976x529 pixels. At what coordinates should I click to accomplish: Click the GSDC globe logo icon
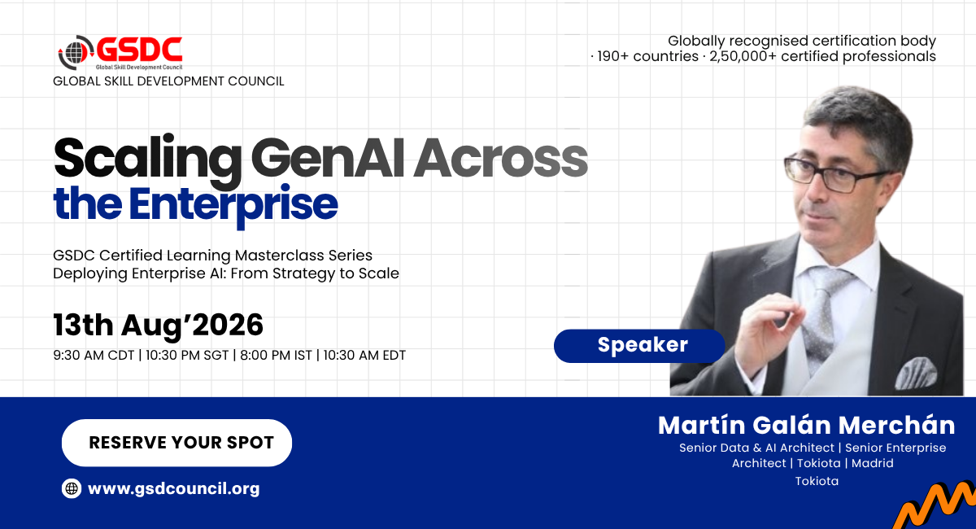[76, 52]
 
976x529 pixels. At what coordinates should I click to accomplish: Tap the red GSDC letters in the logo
[139, 50]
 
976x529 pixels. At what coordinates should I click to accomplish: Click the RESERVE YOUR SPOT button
[177, 443]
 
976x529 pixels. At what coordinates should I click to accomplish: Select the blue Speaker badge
[639, 346]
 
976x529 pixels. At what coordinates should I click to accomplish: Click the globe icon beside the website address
[72, 488]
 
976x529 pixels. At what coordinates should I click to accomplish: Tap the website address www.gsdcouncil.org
[173, 488]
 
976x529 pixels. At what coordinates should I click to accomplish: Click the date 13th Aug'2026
[158, 326]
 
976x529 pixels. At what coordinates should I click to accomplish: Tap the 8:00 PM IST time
[276, 356]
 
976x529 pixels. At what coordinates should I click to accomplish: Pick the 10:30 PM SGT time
[187, 356]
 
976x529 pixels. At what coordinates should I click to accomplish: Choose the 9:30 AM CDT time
[94, 356]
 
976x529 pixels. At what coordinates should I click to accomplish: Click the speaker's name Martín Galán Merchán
[807, 425]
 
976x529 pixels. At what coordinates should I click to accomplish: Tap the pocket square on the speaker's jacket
[916, 373]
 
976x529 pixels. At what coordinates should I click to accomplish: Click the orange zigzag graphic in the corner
[937, 506]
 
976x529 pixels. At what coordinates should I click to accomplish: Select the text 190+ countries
[647, 57]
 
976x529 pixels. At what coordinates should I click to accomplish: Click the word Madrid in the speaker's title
[872, 463]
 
